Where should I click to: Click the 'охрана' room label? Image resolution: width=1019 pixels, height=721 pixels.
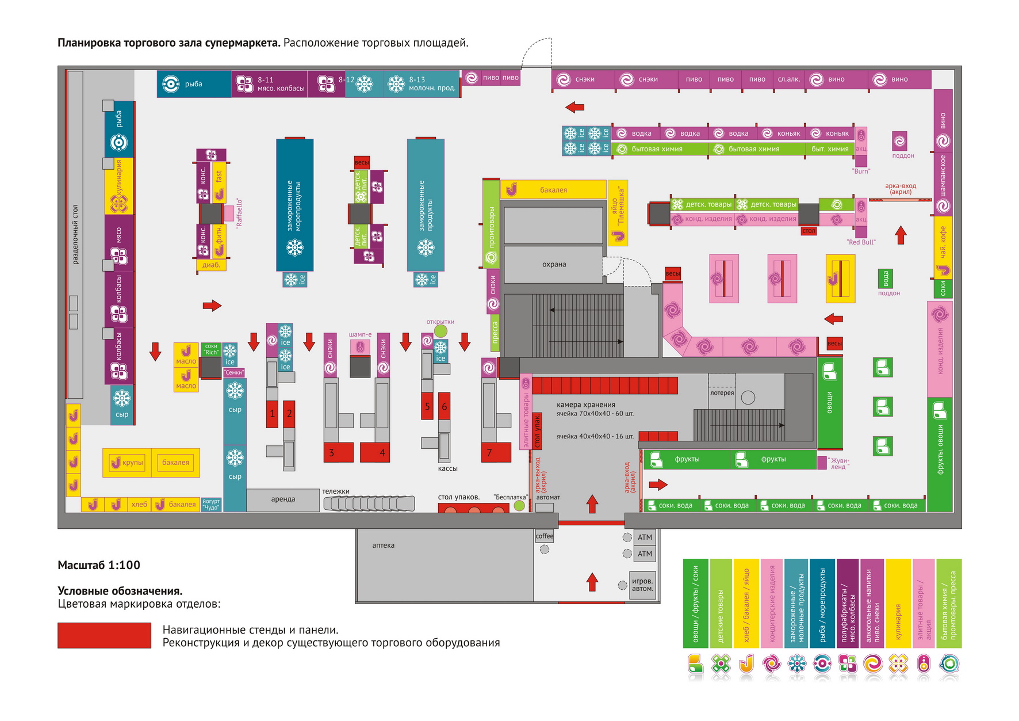(x=554, y=265)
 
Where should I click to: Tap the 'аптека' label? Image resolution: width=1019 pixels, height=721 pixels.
(x=383, y=545)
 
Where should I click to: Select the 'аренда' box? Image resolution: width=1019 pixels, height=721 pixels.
(x=283, y=499)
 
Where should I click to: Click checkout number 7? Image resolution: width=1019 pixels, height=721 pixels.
(x=490, y=452)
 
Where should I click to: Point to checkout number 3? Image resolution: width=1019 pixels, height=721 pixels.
(x=332, y=452)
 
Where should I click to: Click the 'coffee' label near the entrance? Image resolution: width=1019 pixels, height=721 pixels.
(x=544, y=536)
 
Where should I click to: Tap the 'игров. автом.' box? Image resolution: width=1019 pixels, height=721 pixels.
(x=642, y=585)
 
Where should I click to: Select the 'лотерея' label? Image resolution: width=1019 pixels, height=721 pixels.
(x=722, y=393)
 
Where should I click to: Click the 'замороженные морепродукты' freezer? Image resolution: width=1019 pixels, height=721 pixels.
(x=294, y=205)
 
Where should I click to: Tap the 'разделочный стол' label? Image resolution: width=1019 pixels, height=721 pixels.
(x=75, y=234)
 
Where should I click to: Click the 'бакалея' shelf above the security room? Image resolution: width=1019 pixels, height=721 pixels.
(x=553, y=190)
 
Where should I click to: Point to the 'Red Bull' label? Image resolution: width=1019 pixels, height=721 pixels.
(x=861, y=242)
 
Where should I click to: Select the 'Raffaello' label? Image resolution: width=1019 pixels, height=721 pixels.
(x=239, y=212)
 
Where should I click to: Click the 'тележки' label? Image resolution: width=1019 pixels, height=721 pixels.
(x=336, y=491)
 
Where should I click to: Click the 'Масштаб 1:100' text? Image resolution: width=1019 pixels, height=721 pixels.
(x=99, y=565)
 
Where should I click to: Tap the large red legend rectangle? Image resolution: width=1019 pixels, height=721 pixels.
(x=104, y=635)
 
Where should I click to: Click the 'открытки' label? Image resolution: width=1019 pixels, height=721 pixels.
(x=440, y=322)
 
